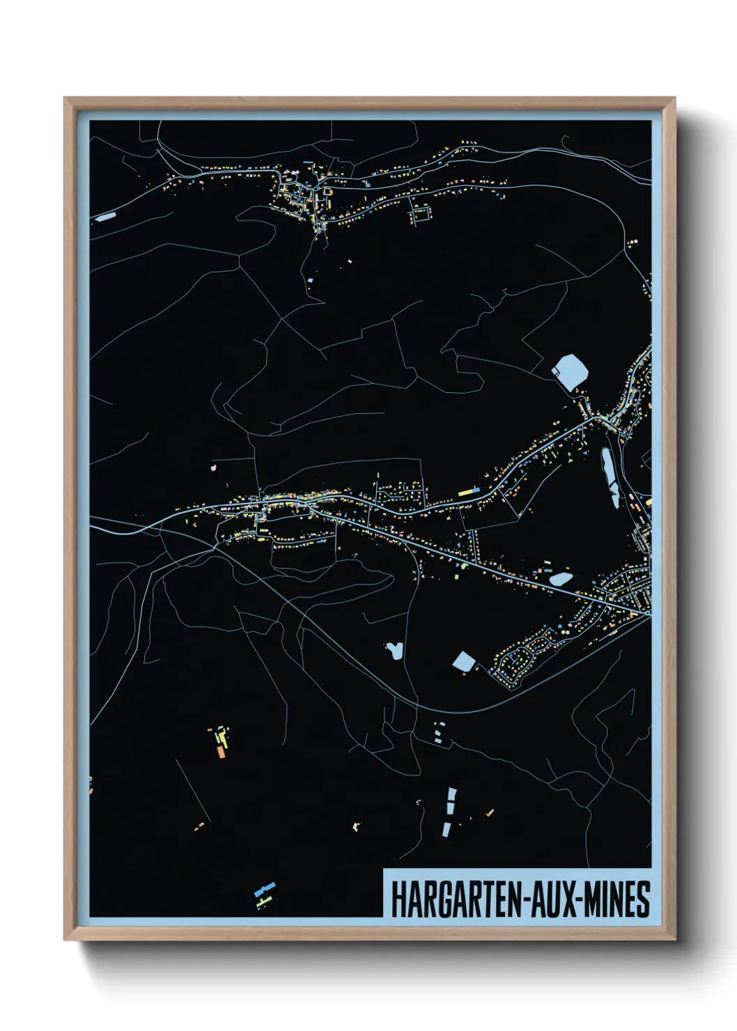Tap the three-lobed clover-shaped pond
(x=395, y=651)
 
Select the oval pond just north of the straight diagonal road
(x=560, y=578)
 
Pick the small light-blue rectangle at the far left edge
(x=105, y=217)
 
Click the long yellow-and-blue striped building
(x=469, y=492)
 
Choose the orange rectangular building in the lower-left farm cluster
(x=221, y=752)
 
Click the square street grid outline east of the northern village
(x=421, y=215)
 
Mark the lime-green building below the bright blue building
(x=262, y=903)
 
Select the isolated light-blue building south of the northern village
(x=310, y=279)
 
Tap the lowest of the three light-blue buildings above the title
(x=446, y=829)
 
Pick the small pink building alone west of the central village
(x=214, y=468)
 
